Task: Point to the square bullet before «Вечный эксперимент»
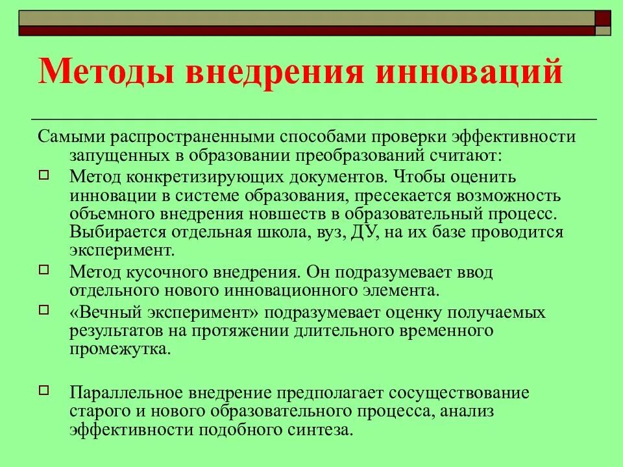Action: (44, 311)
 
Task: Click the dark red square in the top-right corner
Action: (604, 18)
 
